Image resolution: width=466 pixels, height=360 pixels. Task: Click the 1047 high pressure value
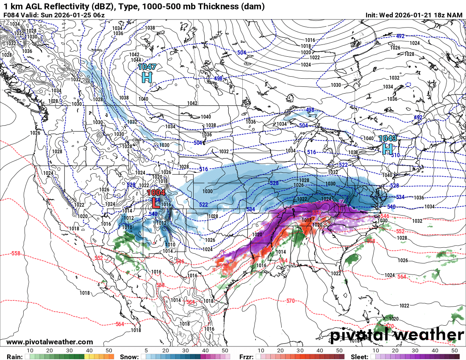coord(147,67)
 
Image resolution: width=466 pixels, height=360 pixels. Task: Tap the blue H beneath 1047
coord(147,78)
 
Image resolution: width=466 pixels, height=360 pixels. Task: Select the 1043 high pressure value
coord(387,138)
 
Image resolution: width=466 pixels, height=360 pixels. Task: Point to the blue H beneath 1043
coord(387,149)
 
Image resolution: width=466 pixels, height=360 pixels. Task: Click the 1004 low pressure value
coord(156,193)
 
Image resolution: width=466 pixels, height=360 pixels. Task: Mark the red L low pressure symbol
coord(155,203)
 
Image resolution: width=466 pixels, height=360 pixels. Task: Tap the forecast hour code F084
coord(11,15)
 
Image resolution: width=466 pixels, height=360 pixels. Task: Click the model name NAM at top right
coord(455,15)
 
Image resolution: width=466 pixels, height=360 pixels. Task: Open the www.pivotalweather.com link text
coord(50,342)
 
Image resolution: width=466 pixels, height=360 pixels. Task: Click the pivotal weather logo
coord(397,335)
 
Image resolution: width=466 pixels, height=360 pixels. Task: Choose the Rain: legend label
coord(11,357)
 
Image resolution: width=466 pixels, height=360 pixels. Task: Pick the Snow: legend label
coord(129,357)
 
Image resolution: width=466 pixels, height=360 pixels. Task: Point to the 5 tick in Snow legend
coord(145,351)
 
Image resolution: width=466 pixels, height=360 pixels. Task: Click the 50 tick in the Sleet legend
coord(455,351)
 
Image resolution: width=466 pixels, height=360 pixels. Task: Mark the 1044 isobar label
coord(136,60)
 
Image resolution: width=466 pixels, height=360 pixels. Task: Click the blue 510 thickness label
coord(396,155)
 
